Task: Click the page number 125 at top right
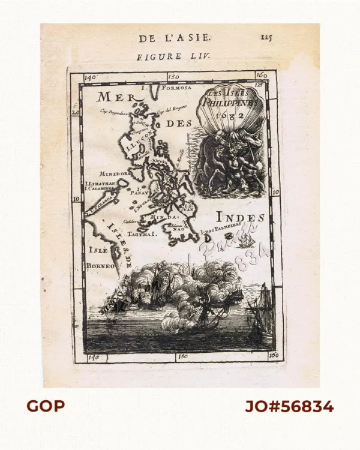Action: (266, 37)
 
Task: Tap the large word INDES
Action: (239, 217)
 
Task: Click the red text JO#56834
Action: (289, 407)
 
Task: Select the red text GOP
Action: (45, 407)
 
